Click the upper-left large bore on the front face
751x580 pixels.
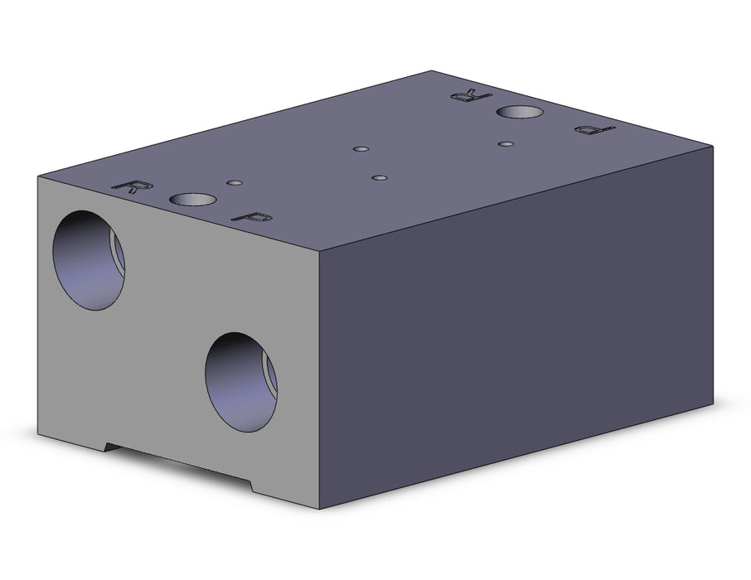coord(89,260)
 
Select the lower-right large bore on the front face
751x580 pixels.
coord(241,382)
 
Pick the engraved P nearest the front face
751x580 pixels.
coord(252,217)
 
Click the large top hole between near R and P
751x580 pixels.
coord(192,199)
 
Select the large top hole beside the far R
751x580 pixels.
coord(520,112)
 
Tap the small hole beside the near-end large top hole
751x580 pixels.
coord(235,182)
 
